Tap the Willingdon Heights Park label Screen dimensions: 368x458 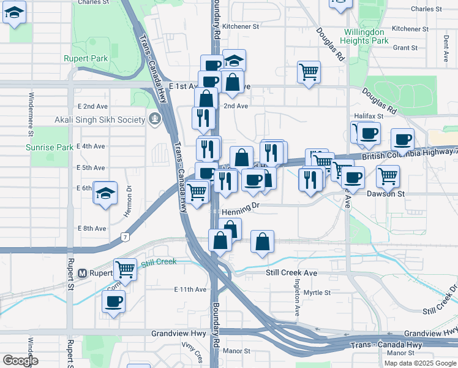[366, 36]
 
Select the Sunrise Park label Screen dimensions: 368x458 [50, 147]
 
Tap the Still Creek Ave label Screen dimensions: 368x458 [291, 272]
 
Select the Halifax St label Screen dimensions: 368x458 [369, 115]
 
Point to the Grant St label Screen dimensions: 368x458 [405, 47]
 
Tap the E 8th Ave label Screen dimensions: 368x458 [92, 228]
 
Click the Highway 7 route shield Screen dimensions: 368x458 [125, 236]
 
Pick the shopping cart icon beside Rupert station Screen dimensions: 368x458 [126, 268]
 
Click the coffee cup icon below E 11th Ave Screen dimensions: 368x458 [113, 302]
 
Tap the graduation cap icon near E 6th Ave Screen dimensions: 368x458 [105, 193]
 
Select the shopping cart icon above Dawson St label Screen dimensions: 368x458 [388, 176]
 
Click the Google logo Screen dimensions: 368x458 [21, 361]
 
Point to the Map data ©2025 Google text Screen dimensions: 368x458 [419, 363]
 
